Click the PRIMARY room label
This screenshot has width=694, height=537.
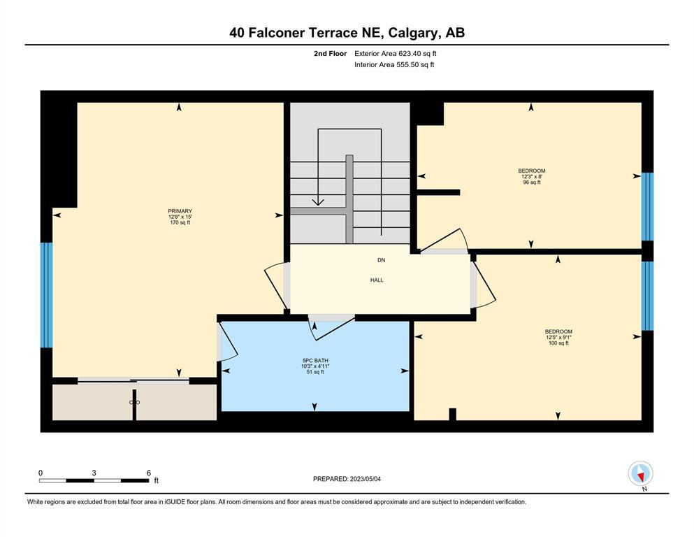180,211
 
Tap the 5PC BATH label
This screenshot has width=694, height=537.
315,361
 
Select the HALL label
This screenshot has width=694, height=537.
377,280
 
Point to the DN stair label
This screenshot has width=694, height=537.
381,260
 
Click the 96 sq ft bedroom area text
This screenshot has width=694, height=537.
532,182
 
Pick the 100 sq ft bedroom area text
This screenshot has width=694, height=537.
558,343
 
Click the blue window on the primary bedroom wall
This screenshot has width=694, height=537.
46,295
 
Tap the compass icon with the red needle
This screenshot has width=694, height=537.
640,473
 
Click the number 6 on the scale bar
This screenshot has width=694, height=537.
149,473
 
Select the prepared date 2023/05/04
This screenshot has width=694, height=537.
365,479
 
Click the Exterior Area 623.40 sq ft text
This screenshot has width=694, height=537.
396,54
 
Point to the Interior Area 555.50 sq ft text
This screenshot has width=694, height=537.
394,64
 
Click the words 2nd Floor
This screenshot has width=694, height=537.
330,54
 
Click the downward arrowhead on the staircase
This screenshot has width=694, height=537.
318,202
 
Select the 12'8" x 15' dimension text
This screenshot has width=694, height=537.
180,217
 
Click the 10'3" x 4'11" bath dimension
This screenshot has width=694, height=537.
315,366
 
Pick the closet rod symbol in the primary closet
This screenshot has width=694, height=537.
135,402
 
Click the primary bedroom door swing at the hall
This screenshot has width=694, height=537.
275,286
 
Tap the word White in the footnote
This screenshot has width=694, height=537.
35,502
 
